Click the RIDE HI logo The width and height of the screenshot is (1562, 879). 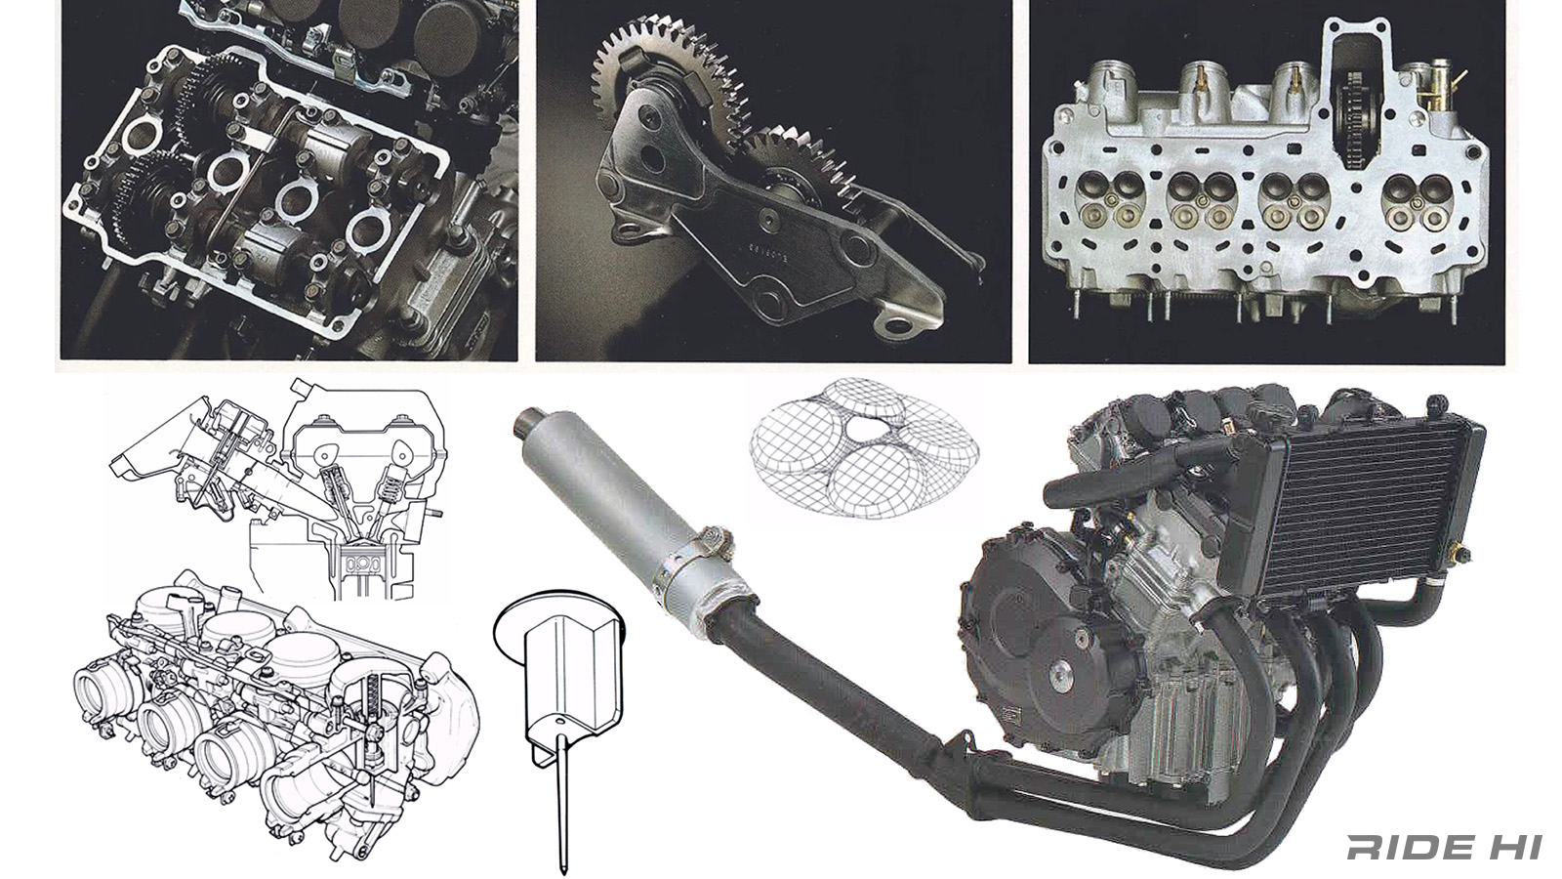(x=1444, y=847)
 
